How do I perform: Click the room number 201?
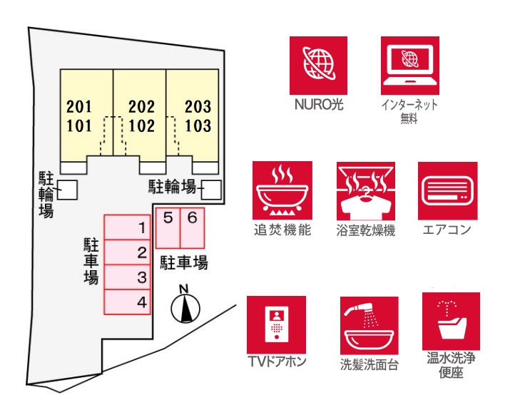click(x=79, y=107)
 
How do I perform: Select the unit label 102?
click(x=142, y=126)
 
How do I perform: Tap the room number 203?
click(x=198, y=107)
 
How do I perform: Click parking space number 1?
click(x=127, y=227)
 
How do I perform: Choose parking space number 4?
click(x=127, y=302)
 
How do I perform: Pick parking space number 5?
click(x=168, y=228)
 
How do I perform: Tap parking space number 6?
click(x=193, y=228)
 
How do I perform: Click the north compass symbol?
click(x=185, y=305)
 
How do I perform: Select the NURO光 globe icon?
click(x=318, y=66)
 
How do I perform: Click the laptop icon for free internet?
click(x=410, y=66)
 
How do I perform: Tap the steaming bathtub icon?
click(x=282, y=190)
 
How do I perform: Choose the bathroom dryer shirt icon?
click(x=366, y=191)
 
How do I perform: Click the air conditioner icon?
click(x=447, y=191)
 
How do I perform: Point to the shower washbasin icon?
click(x=369, y=326)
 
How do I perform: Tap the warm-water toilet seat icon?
click(x=451, y=321)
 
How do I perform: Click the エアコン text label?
click(x=447, y=230)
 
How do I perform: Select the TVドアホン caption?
click(x=277, y=362)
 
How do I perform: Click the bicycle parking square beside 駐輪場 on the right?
click(x=213, y=190)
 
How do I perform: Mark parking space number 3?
click(x=127, y=277)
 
